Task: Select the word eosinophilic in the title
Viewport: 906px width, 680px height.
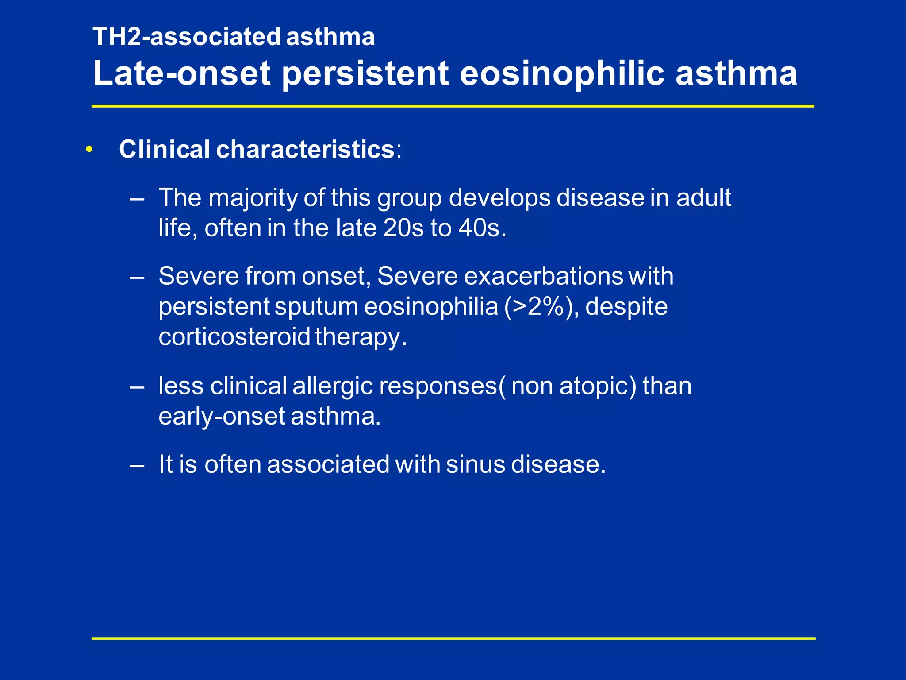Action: pos(562,73)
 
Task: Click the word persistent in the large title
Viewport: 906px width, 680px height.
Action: pos(365,73)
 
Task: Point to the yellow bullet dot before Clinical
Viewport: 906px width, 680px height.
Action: pos(89,150)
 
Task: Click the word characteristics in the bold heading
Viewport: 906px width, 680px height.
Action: pos(305,149)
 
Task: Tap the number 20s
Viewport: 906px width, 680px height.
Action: pos(403,228)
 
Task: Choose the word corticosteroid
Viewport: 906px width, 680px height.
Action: pos(234,337)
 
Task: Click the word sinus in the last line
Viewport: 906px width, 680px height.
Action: pos(475,464)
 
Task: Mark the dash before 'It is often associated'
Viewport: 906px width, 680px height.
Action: pos(137,465)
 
